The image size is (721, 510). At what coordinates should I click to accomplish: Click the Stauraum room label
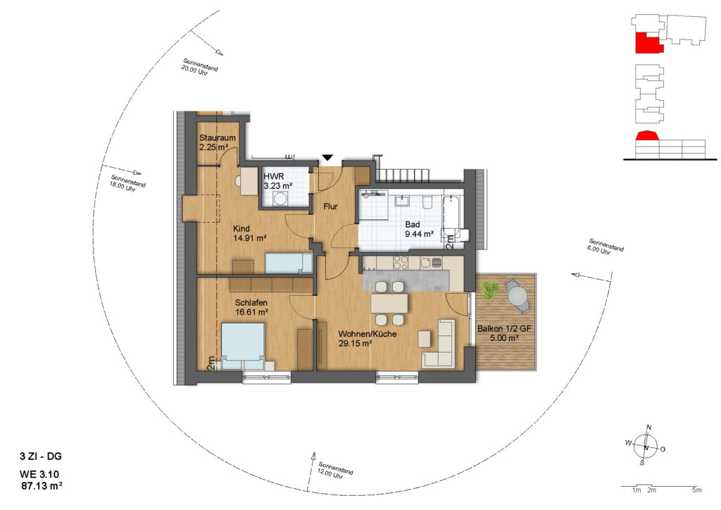tap(218, 137)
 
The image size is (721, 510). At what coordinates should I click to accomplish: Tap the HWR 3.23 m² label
tap(278, 181)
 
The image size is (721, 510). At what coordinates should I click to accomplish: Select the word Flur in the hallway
tap(330, 206)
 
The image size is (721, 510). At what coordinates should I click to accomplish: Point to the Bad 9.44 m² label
tap(419, 229)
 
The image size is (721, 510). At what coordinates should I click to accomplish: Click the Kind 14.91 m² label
tap(250, 233)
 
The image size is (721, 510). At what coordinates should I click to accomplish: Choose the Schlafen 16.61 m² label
tap(251, 307)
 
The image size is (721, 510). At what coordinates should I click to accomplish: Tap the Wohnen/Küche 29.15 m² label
tap(368, 338)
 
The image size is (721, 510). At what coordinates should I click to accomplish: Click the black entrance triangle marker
tap(327, 158)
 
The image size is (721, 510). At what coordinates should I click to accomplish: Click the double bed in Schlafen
tap(243, 346)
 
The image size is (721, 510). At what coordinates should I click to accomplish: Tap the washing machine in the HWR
tap(279, 199)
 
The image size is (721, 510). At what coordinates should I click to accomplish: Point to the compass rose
tap(646, 446)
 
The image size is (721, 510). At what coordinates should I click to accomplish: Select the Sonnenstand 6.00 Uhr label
tap(606, 247)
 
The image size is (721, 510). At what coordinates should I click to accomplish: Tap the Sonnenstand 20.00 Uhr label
tap(199, 67)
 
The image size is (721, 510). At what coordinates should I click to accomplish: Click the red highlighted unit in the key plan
tap(648, 43)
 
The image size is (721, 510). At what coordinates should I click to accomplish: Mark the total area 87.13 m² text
tap(42, 485)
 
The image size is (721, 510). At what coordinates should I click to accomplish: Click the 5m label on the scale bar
tap(697, 490)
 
